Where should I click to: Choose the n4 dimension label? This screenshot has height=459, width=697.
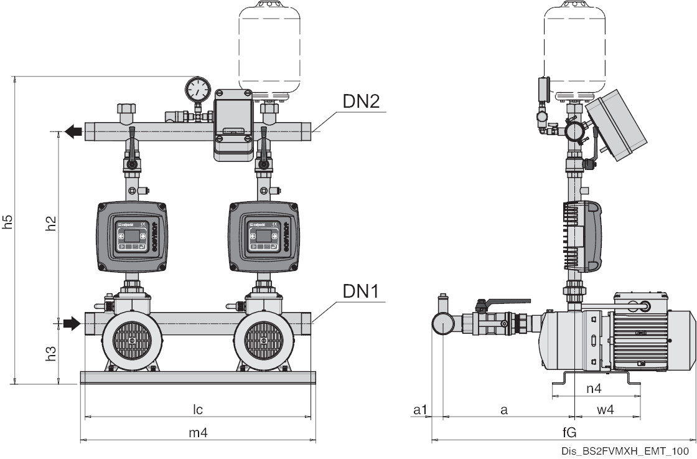click(x=594, y=388)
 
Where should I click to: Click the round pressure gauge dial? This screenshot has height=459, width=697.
click(x=197, y=89)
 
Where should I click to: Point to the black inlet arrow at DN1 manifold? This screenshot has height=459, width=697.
click(x=72, y=323)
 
